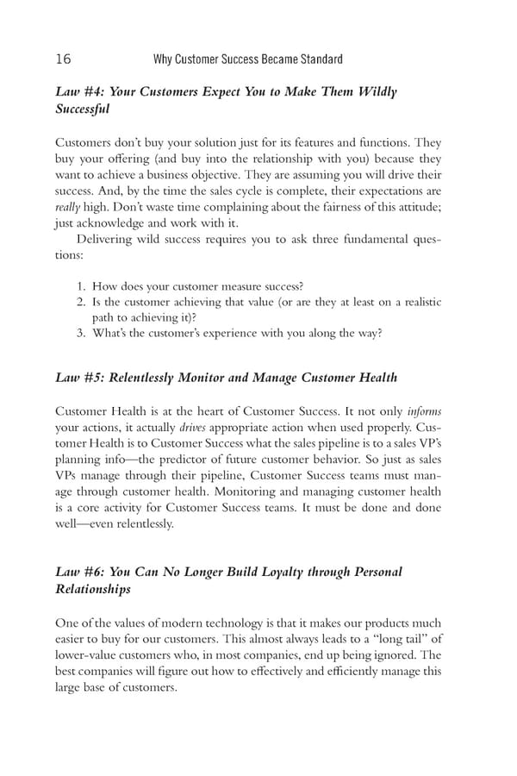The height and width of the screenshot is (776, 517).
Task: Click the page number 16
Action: (62, 59)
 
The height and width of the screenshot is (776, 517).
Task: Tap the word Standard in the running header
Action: (320, 59)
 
